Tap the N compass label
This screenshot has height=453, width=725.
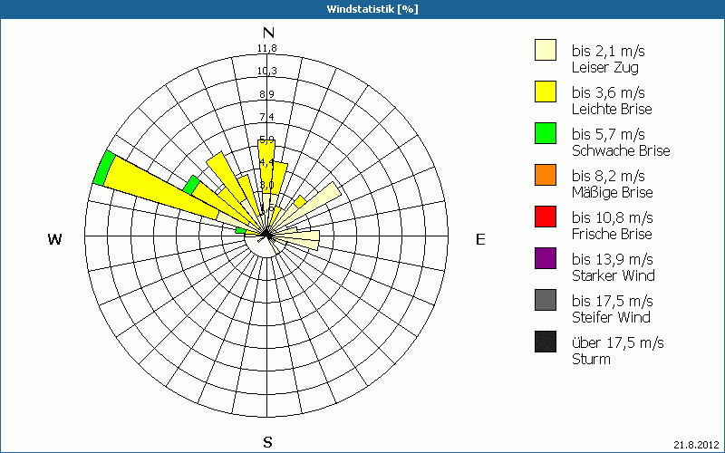pos(268,33)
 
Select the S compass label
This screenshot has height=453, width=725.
pos(267,442)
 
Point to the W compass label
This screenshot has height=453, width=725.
pos(55,239)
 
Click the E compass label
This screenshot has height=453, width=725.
pos(480,239)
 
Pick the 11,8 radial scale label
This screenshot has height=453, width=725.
pos(266,48)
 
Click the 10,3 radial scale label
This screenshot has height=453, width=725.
pos(266,72)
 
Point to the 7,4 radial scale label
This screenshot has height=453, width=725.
pos(266,117)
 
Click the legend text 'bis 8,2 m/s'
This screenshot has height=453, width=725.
pos(608,176)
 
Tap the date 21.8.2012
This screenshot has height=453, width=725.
pos(696,444)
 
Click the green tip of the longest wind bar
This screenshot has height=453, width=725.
pos(103,169)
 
